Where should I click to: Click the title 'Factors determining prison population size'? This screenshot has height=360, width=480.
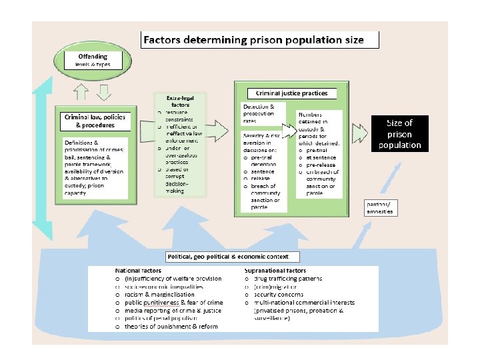point(254,40)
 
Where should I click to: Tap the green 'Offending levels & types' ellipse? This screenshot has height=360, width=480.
point(93,60)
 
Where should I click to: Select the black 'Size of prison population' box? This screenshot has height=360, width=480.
point(399,133)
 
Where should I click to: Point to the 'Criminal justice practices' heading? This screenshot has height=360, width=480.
point(292,93)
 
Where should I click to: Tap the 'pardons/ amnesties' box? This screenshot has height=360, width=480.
point(380,207)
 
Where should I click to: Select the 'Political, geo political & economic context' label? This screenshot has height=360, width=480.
point(233,257)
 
